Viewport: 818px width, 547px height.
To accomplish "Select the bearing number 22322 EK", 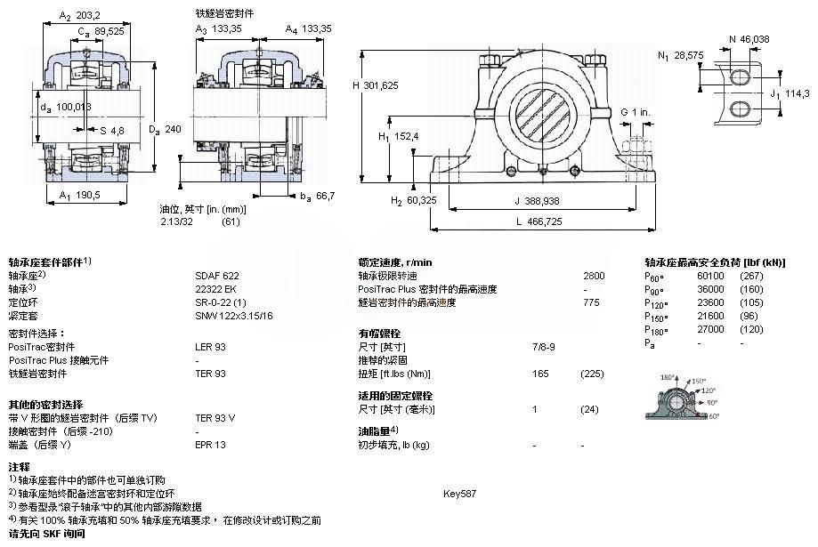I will [212, 289].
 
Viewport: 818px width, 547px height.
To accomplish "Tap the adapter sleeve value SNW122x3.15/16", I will [234, 316].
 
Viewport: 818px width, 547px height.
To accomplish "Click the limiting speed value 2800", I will [594, 276].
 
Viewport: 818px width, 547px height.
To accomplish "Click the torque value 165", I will [539, 374].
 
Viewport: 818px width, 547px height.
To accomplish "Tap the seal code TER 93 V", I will [215, 417].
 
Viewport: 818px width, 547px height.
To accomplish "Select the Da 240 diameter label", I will [165, 130].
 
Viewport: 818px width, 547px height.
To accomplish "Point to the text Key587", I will [459, 493].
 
